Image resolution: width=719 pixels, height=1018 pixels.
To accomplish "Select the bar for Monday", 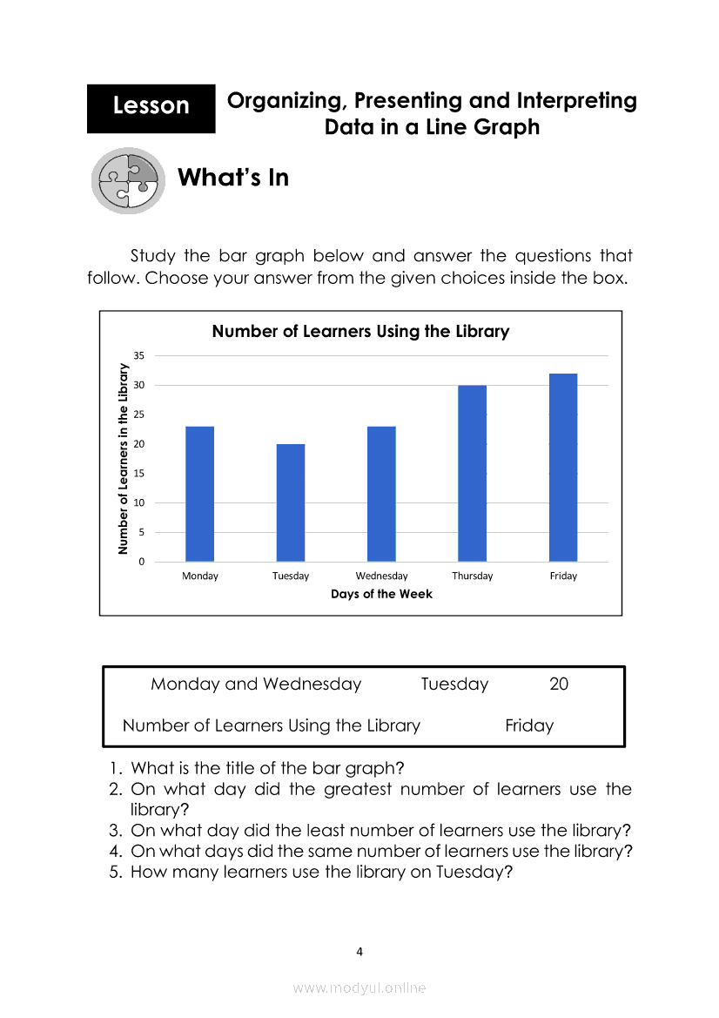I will (x=199, y=494).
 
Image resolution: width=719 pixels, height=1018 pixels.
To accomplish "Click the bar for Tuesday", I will (x=291, y=502).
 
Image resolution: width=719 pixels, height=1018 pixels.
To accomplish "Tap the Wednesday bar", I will (x=381, y=494).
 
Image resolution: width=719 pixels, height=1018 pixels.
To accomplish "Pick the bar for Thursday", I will (x=473, y=473).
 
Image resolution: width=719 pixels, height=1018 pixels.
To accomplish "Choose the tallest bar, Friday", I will (x=563, y=468).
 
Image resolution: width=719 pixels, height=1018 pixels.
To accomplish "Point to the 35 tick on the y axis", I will (x=139, y=355).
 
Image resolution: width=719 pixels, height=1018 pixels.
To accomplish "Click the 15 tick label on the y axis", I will (x=139, y=474).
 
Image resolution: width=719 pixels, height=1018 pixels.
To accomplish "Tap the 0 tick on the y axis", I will (x=142, y=563).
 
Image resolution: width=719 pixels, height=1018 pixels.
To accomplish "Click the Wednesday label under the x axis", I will (x=381, y=576).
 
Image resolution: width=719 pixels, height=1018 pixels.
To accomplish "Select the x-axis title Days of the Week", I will (x=381, y=594).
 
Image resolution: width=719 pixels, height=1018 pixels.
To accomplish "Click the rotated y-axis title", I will (x=124, y=459).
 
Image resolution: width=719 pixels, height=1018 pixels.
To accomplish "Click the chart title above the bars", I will (x=360, y=332).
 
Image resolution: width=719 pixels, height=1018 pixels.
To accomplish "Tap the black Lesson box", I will (x=151, y=107).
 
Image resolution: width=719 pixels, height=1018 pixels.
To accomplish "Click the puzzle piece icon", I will (x=128, y=180).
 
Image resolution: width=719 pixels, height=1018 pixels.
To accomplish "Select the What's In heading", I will (x=232, y=178).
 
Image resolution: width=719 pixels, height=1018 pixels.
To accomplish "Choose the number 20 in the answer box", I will (x=559, y=684).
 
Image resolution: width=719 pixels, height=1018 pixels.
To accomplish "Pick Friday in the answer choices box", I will (x=529, y=725).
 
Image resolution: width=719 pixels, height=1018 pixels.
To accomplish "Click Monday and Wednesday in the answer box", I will (x=256, y=684).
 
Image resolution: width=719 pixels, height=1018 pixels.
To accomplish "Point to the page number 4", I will (x=359, y=952).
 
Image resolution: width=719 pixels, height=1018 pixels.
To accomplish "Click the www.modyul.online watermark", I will (x=359, y=988).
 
